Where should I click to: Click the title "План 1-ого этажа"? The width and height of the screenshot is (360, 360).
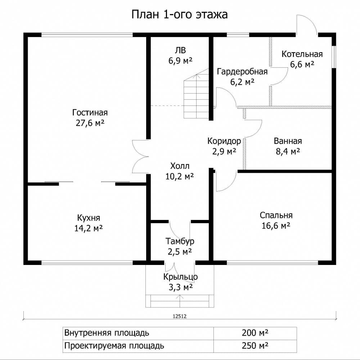[x=180, y=14]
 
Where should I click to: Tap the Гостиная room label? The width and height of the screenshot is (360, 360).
[x=90, y=113]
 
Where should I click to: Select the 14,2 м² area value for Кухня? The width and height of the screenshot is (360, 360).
[x=89, y=228]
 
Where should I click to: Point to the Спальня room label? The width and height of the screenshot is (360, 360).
[x=276, y=215]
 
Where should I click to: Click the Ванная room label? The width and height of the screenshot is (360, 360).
[x=288, y=141]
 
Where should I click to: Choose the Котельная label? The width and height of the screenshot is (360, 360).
[x=302, y=54]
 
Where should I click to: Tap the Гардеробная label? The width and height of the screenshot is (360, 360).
[x=242, y=72]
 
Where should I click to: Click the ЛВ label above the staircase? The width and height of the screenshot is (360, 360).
[x=180, y=50]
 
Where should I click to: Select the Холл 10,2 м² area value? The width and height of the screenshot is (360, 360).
[x=180, y=176]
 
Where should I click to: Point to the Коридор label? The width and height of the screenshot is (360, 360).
[x=224, y=141]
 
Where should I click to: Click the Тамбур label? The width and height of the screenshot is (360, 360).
[x=180, y=241]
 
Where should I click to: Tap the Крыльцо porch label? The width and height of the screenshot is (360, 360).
[x=180, y=276]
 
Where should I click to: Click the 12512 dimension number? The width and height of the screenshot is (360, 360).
[x=180, y=316]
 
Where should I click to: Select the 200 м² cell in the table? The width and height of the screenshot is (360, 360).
[x=255, y=333]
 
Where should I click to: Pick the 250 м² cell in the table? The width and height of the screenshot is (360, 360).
[x=255, y=346]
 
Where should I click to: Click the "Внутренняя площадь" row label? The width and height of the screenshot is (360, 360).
[x=107, y=333]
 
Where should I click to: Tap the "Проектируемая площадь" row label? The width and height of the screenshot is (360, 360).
[x=114, y=346]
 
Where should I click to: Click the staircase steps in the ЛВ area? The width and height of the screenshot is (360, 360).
[x=196, y=96]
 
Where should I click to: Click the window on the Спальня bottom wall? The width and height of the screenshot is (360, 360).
[x=272, y=263]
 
